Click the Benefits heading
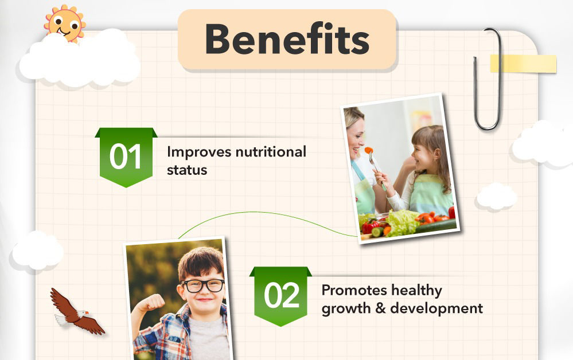287,39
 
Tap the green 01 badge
126,157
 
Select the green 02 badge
280,296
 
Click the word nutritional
271,152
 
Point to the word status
187,170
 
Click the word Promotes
353,290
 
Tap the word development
436,308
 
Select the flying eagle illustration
77,312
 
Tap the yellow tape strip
523,64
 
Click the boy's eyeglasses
203,285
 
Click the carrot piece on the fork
369,150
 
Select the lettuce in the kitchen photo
402,222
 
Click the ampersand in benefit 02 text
380,308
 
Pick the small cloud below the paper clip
497,197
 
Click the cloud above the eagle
37,251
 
